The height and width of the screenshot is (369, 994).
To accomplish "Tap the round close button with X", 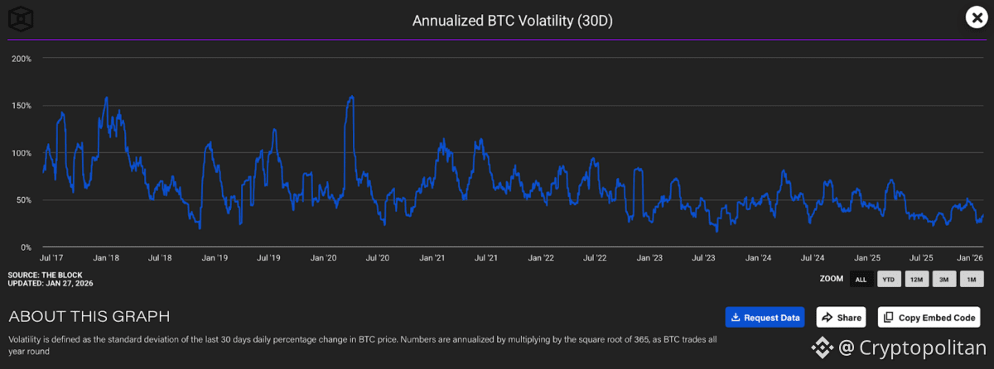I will point(975,17).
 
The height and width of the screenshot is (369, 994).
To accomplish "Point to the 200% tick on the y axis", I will point(22,59).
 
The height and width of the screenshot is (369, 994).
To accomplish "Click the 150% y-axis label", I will point(22,106).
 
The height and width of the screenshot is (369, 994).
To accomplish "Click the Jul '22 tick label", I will point(596,258).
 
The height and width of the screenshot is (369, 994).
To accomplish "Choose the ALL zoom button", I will point(861,280).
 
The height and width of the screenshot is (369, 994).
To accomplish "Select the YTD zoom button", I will point(889,280).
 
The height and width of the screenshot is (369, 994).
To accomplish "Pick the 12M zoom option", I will point(917,280).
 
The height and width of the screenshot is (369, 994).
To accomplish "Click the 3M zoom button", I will point(944,280).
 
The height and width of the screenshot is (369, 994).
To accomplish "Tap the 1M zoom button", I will point(972,280).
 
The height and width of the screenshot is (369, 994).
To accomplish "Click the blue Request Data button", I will point(765,317).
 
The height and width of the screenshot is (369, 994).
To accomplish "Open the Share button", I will point(841,317).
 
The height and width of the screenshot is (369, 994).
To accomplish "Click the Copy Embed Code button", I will point(929,317).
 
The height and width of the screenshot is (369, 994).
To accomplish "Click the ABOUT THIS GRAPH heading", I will point(89,316).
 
